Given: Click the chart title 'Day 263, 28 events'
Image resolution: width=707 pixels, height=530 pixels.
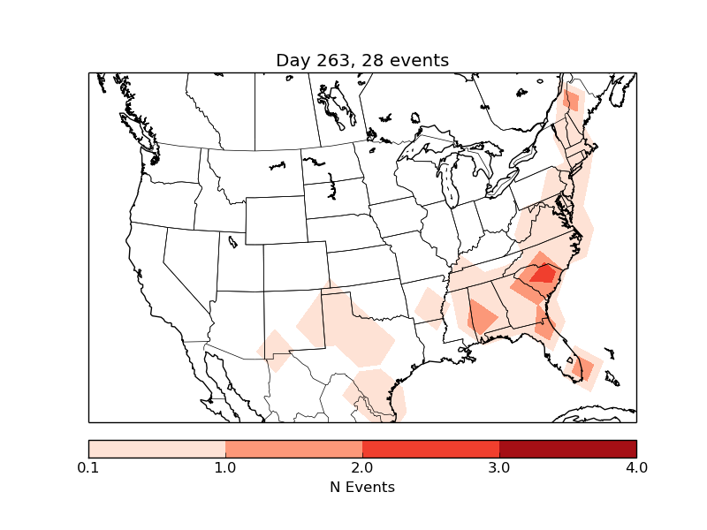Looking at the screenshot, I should point(362,60).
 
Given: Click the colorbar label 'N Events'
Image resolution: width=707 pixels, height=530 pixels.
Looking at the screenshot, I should point(362,487).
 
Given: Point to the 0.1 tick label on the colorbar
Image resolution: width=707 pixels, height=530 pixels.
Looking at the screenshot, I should point(88,467).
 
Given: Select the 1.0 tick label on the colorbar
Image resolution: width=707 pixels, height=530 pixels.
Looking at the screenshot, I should point(225,467).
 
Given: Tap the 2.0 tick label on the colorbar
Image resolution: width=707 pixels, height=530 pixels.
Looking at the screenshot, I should point(362,467).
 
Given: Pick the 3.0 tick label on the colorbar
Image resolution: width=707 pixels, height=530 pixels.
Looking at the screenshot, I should point(499,467).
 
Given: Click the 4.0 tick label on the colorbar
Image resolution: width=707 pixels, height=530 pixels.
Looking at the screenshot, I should point(636,467).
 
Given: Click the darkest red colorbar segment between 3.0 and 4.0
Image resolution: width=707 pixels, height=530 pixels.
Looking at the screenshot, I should point(567,448).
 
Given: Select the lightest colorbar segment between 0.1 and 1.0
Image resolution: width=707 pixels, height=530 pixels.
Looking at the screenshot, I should point(156,448).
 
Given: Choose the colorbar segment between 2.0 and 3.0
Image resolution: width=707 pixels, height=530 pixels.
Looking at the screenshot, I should point(430,448).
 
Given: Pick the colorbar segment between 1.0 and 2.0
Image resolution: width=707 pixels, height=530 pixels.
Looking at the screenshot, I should point(293,448).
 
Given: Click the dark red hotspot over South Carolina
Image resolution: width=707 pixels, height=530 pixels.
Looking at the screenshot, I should point(541,273).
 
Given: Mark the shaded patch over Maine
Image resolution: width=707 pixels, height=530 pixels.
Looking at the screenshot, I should point(571,100).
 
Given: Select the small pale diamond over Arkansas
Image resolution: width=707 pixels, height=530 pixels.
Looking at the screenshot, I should point(430,306).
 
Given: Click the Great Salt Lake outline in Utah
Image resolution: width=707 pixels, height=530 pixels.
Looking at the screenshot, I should point(232,240).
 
